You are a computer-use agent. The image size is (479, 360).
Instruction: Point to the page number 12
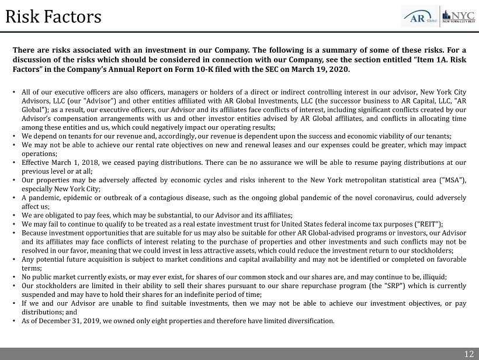coord(469,353)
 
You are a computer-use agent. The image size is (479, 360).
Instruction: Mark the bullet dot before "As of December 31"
coord(13,321)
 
